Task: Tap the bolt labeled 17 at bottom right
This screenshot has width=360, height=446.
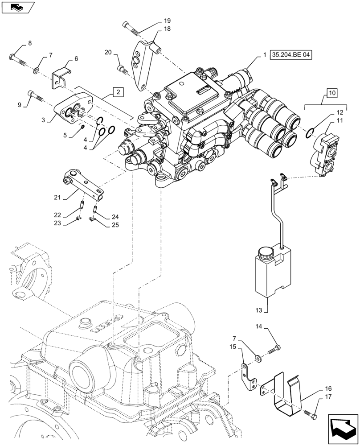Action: (x=311, y=415)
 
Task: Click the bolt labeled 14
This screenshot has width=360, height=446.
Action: (x=274, y=351)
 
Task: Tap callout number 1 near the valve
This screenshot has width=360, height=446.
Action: (x=264, y=55)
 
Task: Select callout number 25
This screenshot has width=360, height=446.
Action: (x=114, y=226)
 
